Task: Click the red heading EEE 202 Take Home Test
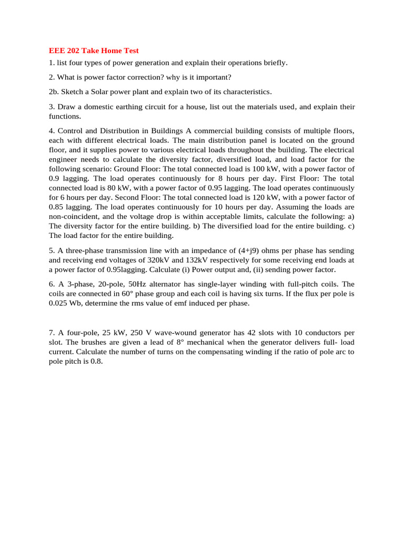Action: click(94, 51)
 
